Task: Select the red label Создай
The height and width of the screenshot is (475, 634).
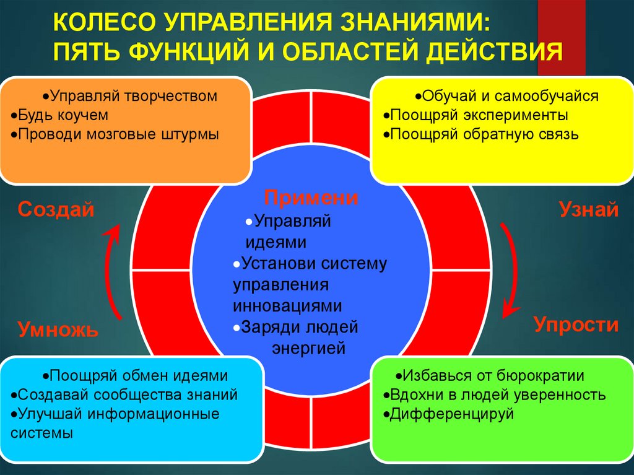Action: coord(56,209)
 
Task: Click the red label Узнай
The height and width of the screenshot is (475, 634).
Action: coord(588,209)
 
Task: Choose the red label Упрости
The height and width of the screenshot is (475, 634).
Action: coord(576,325)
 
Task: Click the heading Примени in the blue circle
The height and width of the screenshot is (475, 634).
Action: coord(311,199)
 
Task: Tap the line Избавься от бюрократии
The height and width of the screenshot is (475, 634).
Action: coord(492,375)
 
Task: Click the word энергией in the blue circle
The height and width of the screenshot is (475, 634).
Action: coord(308,349)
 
